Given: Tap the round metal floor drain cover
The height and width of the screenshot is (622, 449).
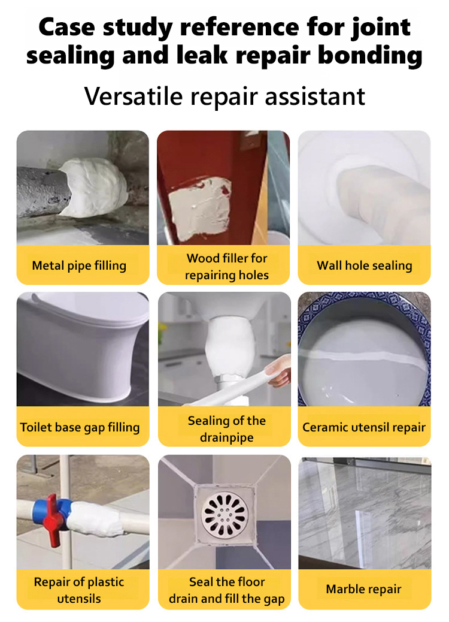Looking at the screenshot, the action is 224,515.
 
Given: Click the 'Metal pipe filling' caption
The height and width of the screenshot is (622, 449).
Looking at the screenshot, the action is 79,265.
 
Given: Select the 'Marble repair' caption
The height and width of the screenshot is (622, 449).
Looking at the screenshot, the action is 364,589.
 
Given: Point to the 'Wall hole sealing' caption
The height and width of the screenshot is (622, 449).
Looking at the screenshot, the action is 365,265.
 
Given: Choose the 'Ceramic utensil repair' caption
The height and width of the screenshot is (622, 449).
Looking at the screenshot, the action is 364,427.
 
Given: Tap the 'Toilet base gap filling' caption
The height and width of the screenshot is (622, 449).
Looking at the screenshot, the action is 80,427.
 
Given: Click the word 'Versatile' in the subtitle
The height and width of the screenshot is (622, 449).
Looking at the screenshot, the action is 133,96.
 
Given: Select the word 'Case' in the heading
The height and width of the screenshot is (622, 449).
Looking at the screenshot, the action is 67,27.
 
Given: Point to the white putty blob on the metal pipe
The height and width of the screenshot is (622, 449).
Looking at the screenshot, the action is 95,187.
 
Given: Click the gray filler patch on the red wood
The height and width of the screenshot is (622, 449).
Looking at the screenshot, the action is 200,209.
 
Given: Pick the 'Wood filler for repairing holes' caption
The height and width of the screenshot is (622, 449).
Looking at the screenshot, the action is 227,267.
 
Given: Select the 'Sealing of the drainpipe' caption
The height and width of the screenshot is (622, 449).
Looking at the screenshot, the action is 227,429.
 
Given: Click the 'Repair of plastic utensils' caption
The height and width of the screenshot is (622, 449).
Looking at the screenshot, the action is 79,590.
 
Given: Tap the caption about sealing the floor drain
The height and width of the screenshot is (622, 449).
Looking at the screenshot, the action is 227,590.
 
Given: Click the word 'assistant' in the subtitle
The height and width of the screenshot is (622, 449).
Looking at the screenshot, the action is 315,96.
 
